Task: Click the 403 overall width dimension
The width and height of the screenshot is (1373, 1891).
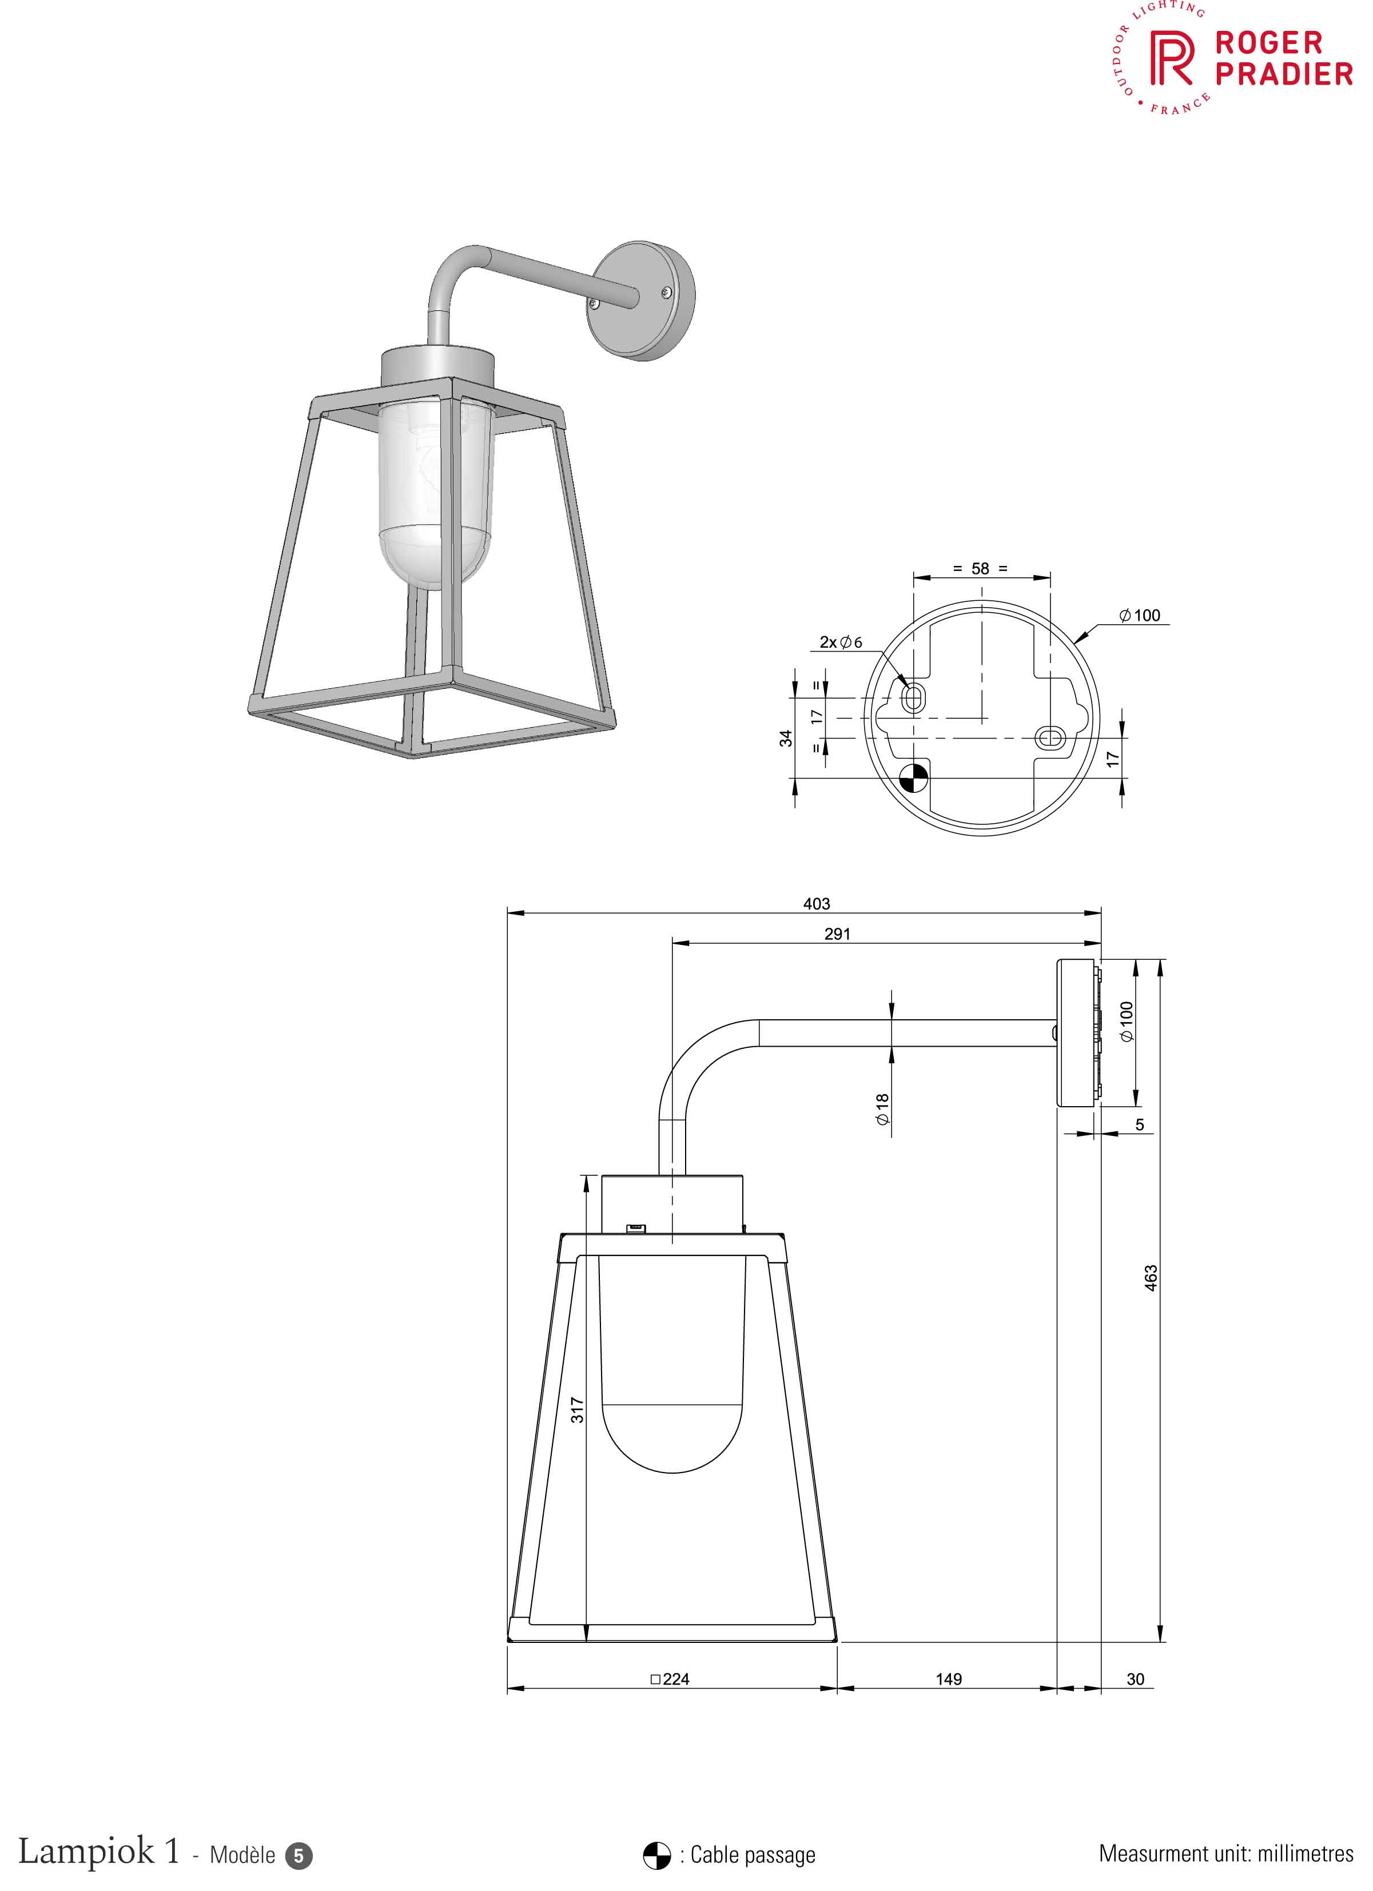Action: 816,904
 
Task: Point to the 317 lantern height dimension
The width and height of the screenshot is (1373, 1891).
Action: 577,1410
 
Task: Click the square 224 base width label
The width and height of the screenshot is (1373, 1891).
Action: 670,1679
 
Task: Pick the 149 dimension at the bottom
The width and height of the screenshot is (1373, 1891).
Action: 949,1679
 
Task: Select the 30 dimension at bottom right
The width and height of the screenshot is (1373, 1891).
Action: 1135,1679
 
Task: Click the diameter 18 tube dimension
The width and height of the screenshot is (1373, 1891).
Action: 882,1110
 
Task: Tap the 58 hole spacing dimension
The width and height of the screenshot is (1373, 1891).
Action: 980,569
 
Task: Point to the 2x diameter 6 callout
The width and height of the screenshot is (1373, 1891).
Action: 841,642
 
